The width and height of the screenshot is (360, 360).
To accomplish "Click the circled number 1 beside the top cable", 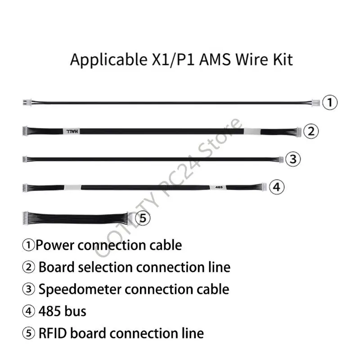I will [x=330, y=103].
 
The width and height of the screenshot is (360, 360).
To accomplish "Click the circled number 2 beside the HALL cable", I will [x=311, y=131].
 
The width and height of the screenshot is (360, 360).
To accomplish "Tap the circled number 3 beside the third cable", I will [x=292, y=159].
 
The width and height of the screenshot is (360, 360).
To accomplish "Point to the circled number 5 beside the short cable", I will [x=143, y=218].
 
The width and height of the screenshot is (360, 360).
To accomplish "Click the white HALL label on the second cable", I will [x=72, y=131].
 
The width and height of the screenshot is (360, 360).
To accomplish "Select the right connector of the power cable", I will [x=316, y=103].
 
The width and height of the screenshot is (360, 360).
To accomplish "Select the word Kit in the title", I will [x=282, y=59].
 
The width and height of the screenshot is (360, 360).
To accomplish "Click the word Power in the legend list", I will [x=54, y=246].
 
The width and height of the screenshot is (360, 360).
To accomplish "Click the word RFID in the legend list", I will [x=53, y=333].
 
